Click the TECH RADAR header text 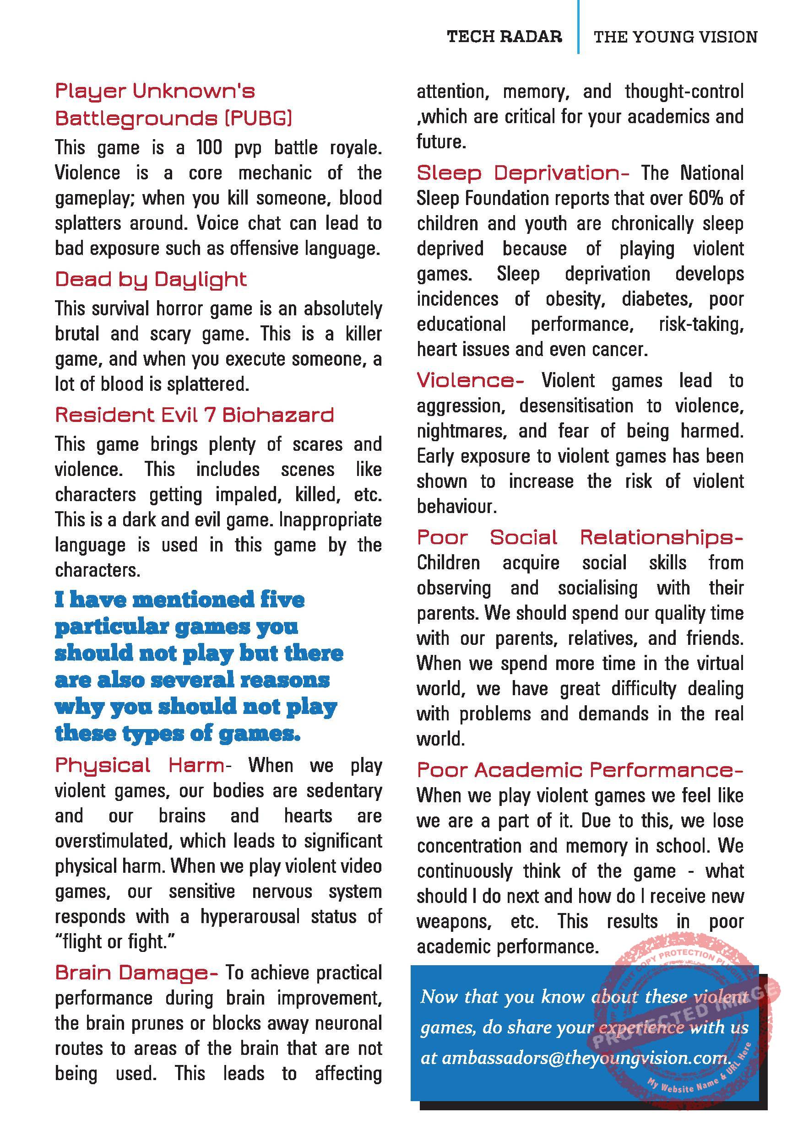tap(505, 37)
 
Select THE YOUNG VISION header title tap(675, 37)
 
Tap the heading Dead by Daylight tap(151, 280)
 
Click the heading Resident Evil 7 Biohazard tap(194, 415)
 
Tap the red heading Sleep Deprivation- tap(523, 173)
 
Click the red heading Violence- tap(470, 381)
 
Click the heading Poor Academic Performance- tap(580, 770)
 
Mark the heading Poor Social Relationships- tap(580, 538)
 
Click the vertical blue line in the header tap(578, 27)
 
